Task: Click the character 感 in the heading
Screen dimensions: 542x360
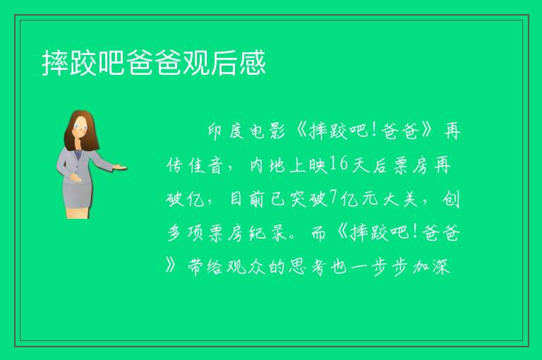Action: pos(253,63)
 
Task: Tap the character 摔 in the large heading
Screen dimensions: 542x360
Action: pos(55,63)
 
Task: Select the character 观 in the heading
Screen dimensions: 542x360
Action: pos(196,63)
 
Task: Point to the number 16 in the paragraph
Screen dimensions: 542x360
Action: pos(339,164)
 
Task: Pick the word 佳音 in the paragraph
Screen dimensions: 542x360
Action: pos(205,165)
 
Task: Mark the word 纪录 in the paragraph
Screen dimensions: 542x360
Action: pos(268,233)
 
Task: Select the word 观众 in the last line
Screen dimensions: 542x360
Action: pos(246,267)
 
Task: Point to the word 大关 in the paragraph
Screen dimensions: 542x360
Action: pos(400,199)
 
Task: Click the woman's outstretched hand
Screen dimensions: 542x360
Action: pos(119,167)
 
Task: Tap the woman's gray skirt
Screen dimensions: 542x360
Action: pos(78,194)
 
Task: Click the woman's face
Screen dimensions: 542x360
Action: pos(80,126)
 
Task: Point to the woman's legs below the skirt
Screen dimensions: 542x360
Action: pos(78,213)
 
